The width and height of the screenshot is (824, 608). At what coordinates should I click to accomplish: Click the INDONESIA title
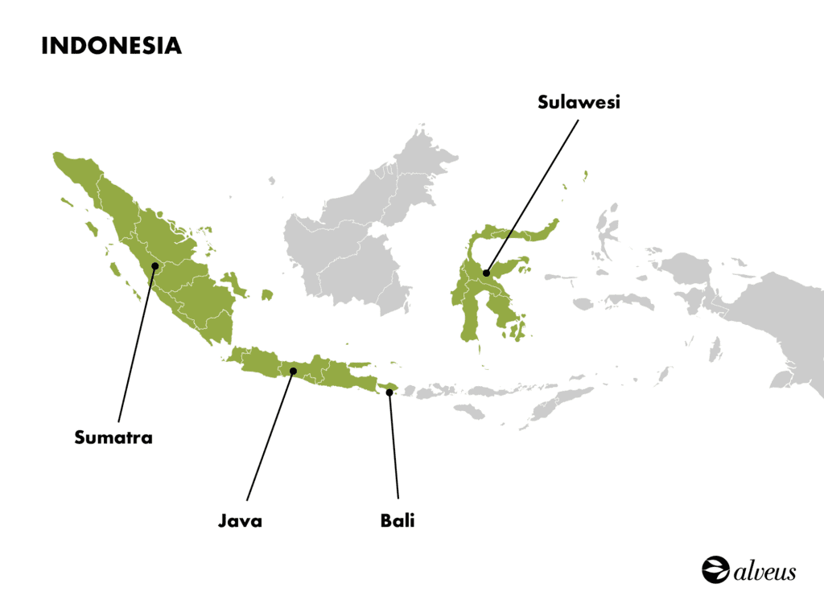111,46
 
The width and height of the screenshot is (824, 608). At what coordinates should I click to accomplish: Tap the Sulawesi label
579,103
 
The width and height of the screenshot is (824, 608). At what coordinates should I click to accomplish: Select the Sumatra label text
113,438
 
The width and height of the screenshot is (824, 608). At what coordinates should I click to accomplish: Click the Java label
240,521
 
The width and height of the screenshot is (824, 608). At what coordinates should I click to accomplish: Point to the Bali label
398,521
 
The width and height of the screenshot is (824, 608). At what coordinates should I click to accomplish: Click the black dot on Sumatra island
154,265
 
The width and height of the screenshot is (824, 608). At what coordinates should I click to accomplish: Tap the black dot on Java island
293,371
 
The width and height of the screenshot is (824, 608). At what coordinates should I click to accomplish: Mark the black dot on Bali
389,392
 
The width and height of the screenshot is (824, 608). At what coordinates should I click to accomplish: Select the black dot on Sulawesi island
487,273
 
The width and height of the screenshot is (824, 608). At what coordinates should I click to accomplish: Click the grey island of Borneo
354,241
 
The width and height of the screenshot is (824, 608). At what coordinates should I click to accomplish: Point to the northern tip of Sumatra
60,158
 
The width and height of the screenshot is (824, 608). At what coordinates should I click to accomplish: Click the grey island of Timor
563,399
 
